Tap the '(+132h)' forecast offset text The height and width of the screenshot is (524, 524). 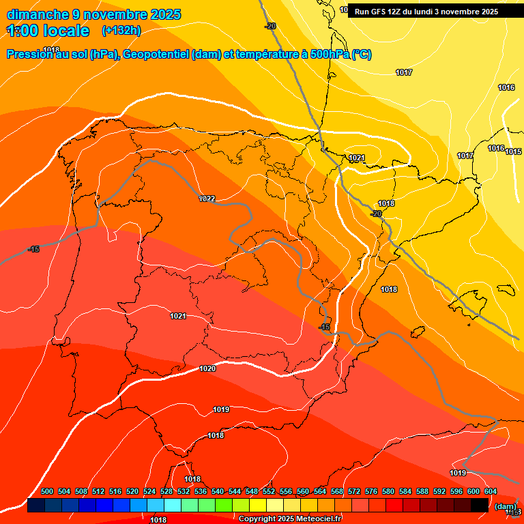point(121,31)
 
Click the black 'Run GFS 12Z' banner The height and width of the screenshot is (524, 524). point(426,12)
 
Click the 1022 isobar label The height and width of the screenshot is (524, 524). point(207,199)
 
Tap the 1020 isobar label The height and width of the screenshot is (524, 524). point(207,368)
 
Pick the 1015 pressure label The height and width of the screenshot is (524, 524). point(514,151)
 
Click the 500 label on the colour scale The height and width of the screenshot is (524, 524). point(47,491)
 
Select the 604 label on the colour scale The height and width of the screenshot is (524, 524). point(491,491)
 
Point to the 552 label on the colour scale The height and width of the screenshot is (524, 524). point(269,491)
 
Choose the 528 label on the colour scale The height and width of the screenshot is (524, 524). point(166,491)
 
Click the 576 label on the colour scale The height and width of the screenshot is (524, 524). point(371,491)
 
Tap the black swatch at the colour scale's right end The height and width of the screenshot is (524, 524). point(480,506)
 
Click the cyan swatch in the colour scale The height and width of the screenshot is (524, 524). point(173,506)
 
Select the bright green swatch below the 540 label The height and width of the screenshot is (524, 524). point(224,506)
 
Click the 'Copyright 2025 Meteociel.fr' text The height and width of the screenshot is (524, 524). point(290,519)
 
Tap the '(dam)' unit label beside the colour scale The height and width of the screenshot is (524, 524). point(506,506)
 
